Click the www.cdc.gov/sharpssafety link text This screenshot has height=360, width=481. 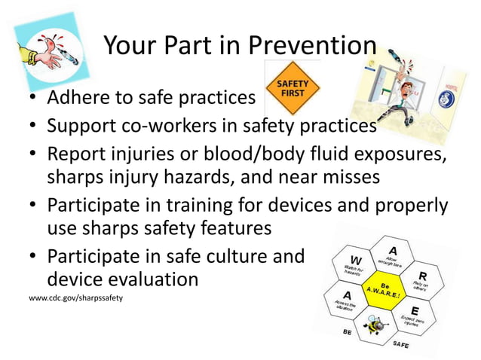tap(75, 298)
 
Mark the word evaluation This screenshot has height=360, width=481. tap(156, 279)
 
